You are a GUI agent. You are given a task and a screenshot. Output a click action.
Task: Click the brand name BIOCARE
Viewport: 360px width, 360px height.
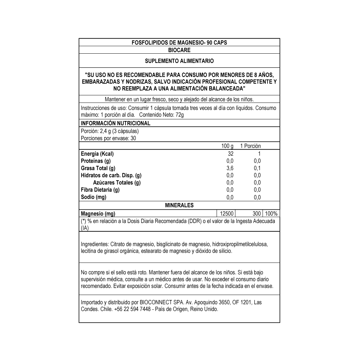coord(179,50)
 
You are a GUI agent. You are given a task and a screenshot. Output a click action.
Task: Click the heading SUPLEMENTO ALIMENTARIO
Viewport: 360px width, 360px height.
coord(179,61)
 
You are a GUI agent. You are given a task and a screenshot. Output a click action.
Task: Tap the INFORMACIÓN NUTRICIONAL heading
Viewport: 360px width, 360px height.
coord(116,123)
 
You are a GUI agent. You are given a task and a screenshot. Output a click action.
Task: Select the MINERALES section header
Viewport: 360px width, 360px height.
coord(179,205)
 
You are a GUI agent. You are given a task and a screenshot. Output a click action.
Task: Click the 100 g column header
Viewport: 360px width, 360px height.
coord(227,146)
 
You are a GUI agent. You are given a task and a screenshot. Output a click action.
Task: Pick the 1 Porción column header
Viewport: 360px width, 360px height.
coord(250,146)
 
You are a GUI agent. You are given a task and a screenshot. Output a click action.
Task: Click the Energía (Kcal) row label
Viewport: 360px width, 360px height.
coord(97,154)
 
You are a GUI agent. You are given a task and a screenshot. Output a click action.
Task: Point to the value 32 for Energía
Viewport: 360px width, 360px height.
coord(231,154)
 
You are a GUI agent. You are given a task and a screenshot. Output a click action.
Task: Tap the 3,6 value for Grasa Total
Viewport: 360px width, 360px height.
coord(230,168)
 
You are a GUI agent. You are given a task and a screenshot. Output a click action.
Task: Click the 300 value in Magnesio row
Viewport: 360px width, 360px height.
coord(256,214)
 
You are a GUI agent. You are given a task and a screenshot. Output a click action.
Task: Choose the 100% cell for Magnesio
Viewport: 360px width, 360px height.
coord(271,214)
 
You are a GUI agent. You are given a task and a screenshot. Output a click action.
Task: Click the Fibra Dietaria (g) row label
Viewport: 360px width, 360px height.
coord(100,190)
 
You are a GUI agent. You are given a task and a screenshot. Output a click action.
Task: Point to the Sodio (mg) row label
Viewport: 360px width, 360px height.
coord(94,197)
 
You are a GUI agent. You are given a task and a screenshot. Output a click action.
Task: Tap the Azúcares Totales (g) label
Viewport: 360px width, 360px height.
coord(117,183)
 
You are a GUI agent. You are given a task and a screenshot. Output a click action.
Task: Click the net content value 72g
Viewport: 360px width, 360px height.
coord(180,115)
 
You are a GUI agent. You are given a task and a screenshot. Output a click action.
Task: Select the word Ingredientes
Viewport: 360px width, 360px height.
coord(94,244)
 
